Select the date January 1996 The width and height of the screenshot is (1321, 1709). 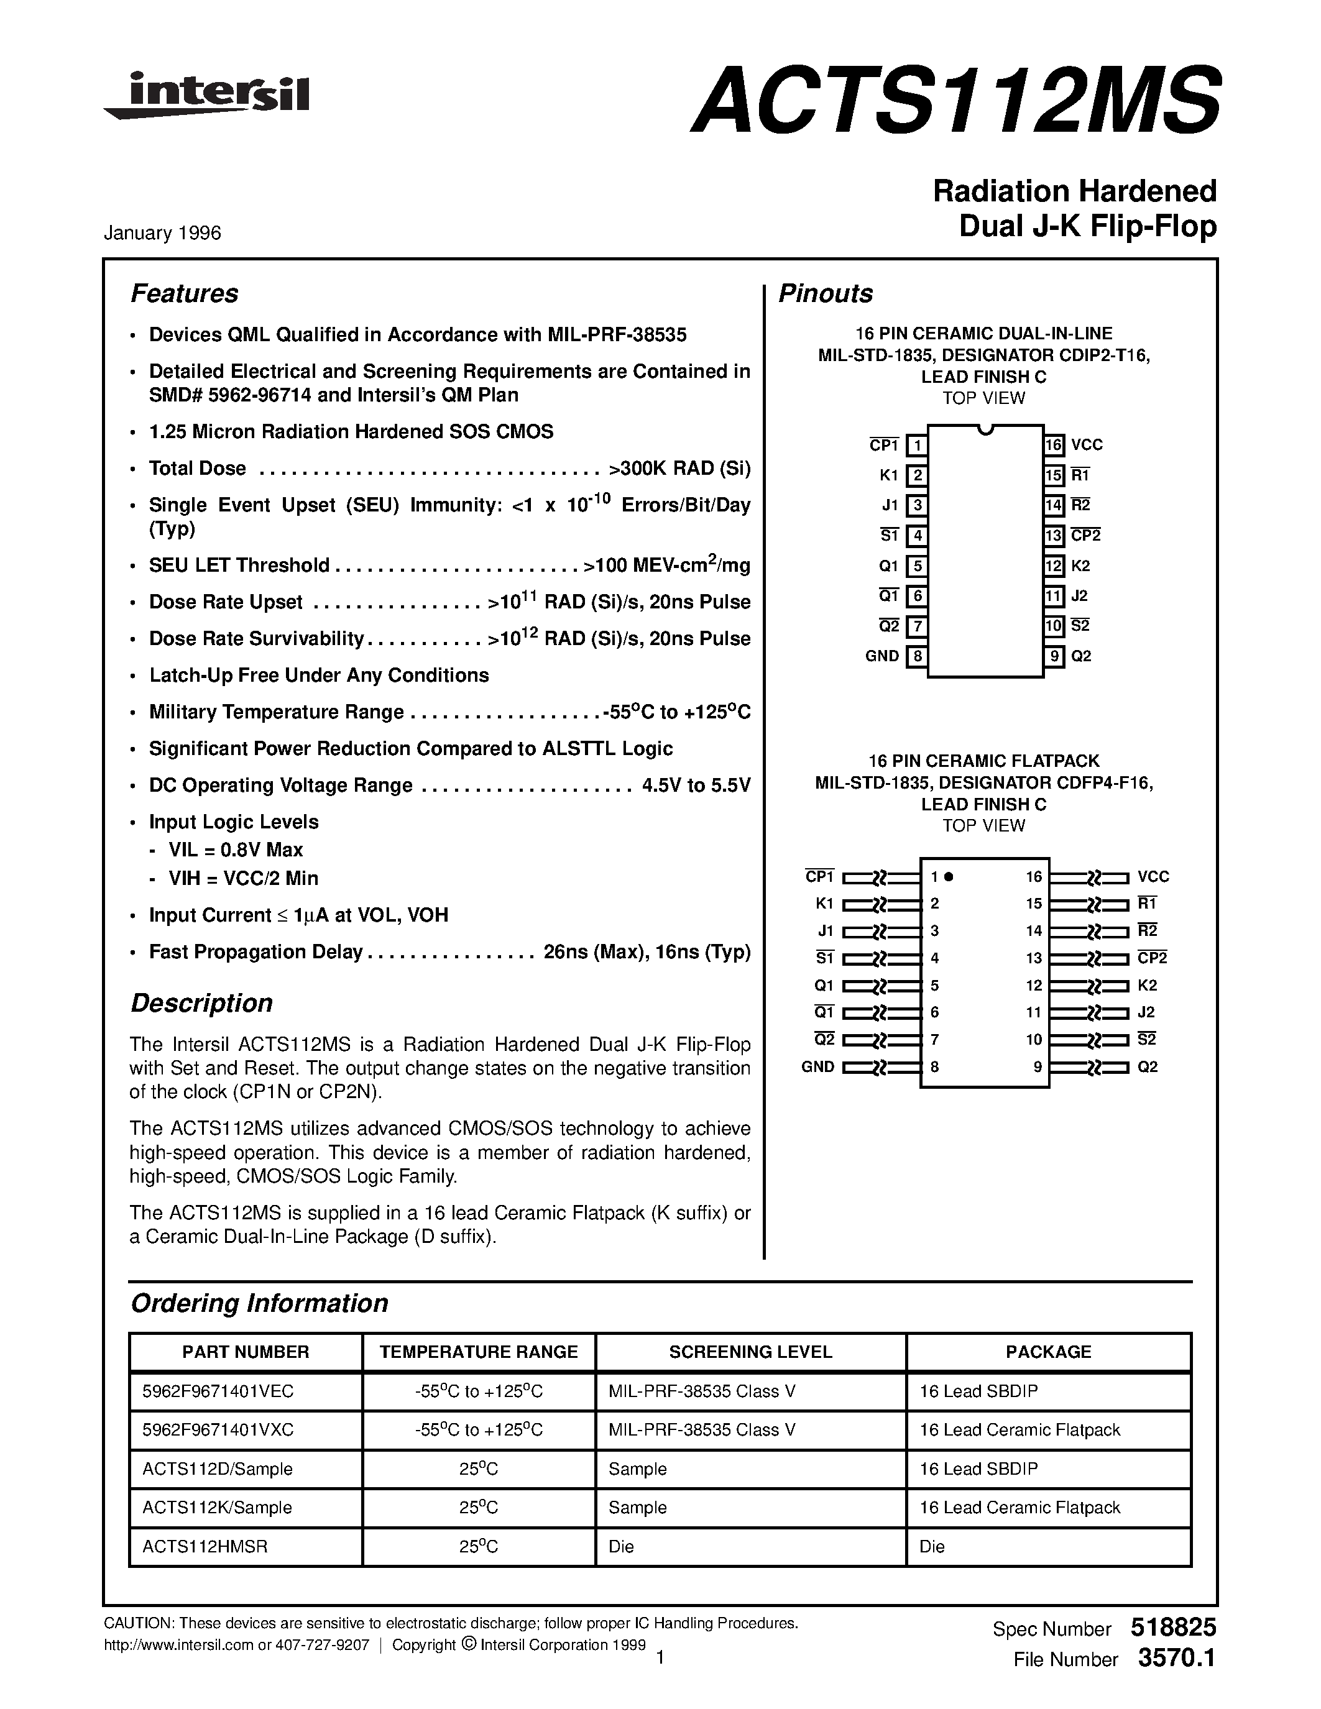[x=163, y=233]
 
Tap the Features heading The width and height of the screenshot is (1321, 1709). [x=184, y=293]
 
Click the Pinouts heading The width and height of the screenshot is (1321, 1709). [x=825, y=293]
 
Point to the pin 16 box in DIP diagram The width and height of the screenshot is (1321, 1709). [x=1053, y=445]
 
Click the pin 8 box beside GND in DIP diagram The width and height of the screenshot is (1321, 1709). [x=916, y=656]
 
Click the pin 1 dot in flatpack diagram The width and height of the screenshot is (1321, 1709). [x=949, y=877]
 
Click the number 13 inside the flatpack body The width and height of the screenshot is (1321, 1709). [x=1034, y=958]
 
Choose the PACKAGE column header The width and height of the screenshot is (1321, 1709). [x=1048, y=1352]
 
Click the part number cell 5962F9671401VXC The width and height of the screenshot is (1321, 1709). [x=218, y=1429]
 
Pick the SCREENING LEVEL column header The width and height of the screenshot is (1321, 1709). [x=750, y=1352]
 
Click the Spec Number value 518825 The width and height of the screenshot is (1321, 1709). [x=1173, y=1628]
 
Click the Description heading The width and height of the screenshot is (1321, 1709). [x=201, y=1003]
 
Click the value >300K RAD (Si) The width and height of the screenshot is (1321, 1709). [x=678, y=469]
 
